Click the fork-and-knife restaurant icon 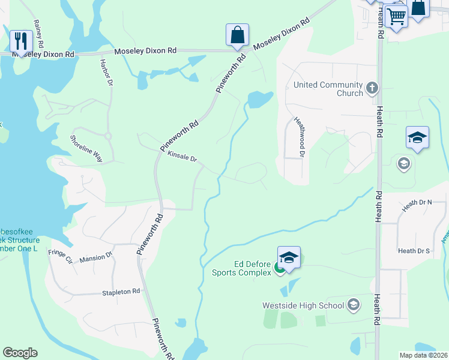pyautogui.click(x=22, y=41)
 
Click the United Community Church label pyautogui.click(x=328, y=89)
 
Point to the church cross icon pyautogui.click(x=372, y=89)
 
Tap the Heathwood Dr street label pyautogui.click(x=299, y=137)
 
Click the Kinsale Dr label pyautogui.click(x=182, y=157)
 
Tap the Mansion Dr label pyautogui.click(x=96, y=256)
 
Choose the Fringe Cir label pyautogui.click(x=60, y=257)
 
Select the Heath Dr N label pyautogui.click(x=417, y=203)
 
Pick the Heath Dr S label pyautogui.click(x=414, y=251)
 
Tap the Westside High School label pyautogui.click(x=303, y=305)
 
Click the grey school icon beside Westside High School pyautogui.click(x=353, y=305)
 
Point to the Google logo pyautogui.click(x=20, y=353)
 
